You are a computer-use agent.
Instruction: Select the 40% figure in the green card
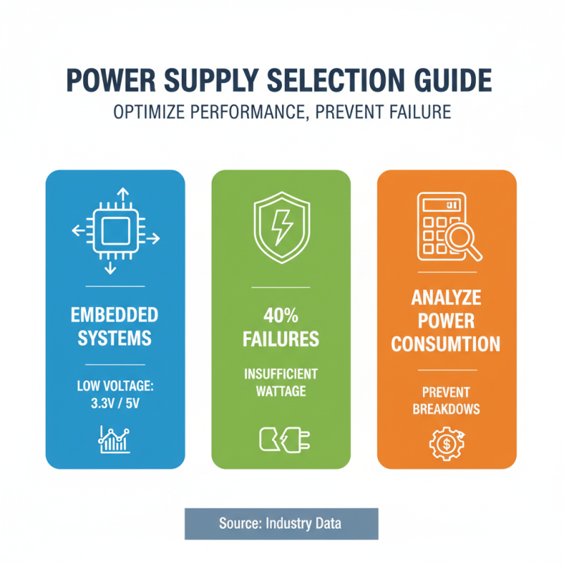pyautogui.click(x=281, y=315)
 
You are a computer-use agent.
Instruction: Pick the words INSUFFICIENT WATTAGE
pyautogui.click(x=281, y=381)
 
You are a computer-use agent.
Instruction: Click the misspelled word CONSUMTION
pyautogui.click(x=446, y=344)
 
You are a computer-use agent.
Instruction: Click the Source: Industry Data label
pyautogui.click(x=281, y=524)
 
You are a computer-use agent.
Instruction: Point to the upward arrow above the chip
pyautogui.click(x=121, y=195)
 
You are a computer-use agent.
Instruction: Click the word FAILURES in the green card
pyautogui.click(x=281, y=339)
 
